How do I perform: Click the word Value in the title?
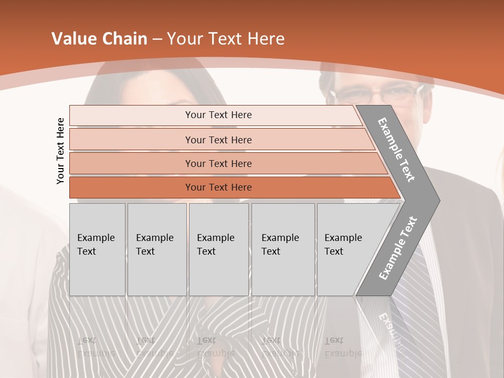72,39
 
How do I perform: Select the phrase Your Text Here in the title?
226,39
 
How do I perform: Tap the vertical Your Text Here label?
60,151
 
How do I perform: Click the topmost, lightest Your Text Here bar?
218,115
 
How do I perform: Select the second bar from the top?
218,140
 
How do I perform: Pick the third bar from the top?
218,163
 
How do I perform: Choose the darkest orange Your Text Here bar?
218,187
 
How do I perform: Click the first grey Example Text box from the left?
97,249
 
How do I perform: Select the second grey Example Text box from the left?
156,249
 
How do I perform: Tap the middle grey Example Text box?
218,249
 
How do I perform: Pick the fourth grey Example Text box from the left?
282,249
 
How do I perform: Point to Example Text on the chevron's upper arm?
396,150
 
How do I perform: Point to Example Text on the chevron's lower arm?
397,248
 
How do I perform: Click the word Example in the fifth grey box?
343,238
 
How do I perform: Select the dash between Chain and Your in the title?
157,39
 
